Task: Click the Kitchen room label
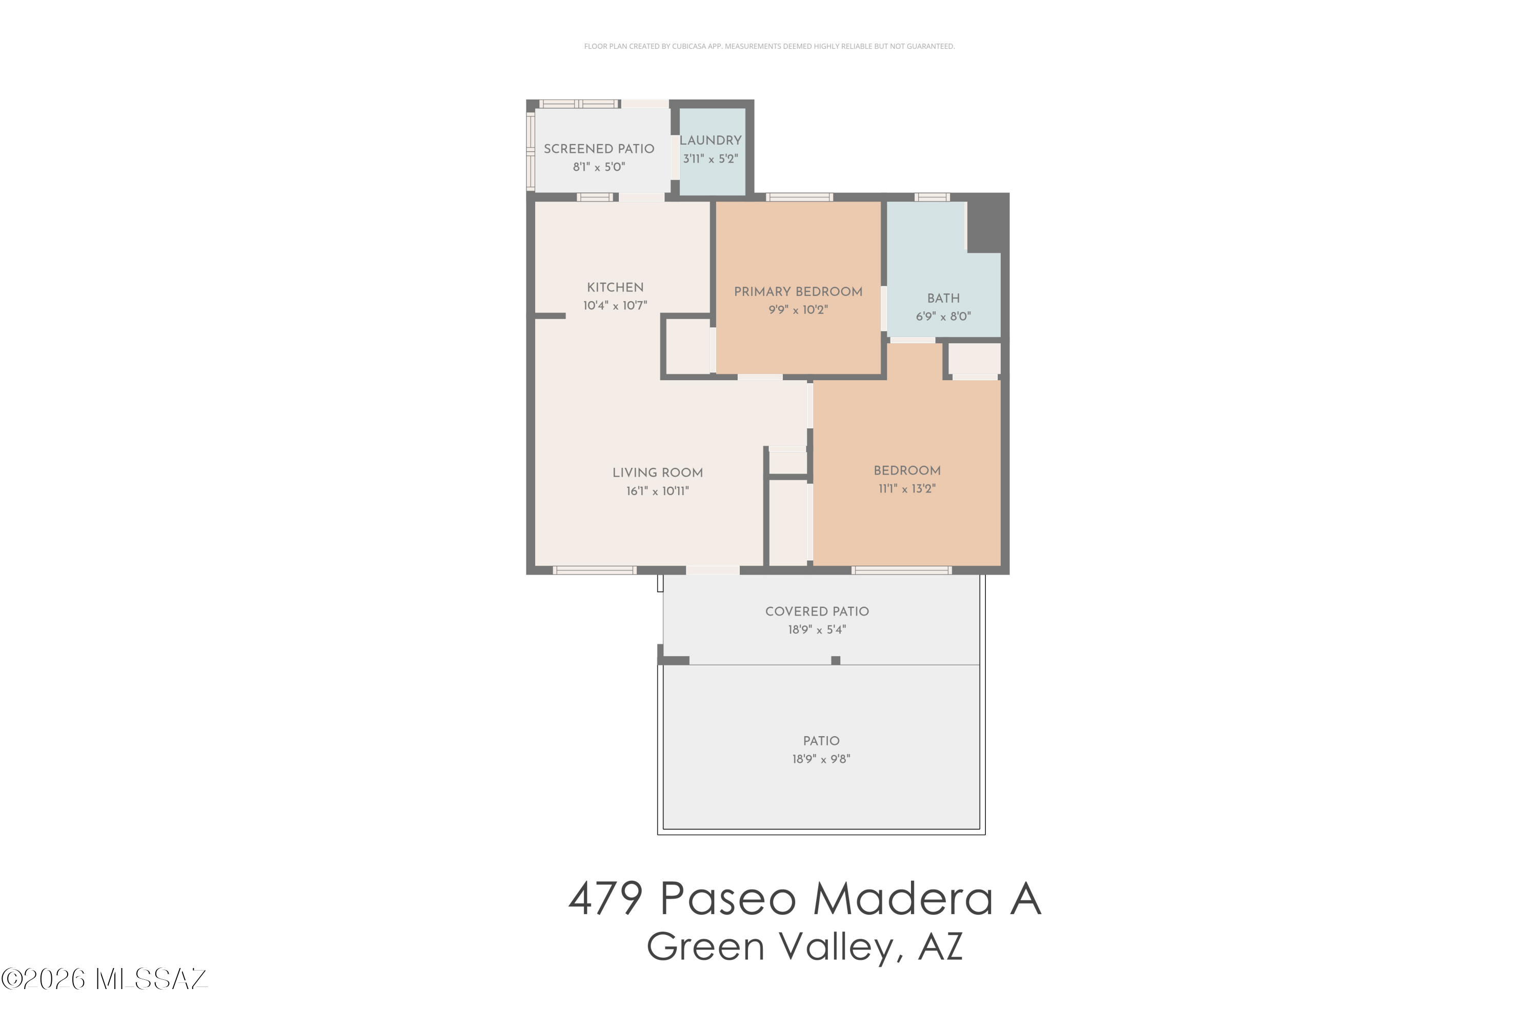[615, 287]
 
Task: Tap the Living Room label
[657, 472]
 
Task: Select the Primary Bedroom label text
[798, 292]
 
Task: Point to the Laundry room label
[710, 140]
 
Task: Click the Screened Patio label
[599, 149]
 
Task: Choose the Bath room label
[943, 299]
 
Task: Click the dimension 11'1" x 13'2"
[907, 489]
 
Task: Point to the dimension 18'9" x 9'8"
[821, 759]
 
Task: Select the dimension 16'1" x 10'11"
[657, 491]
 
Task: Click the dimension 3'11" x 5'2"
[710, 159]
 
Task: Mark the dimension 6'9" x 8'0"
[943, 317]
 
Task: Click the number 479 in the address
[605, 898]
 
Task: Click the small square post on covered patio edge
[835, 660]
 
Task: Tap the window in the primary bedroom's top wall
[799, 197]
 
